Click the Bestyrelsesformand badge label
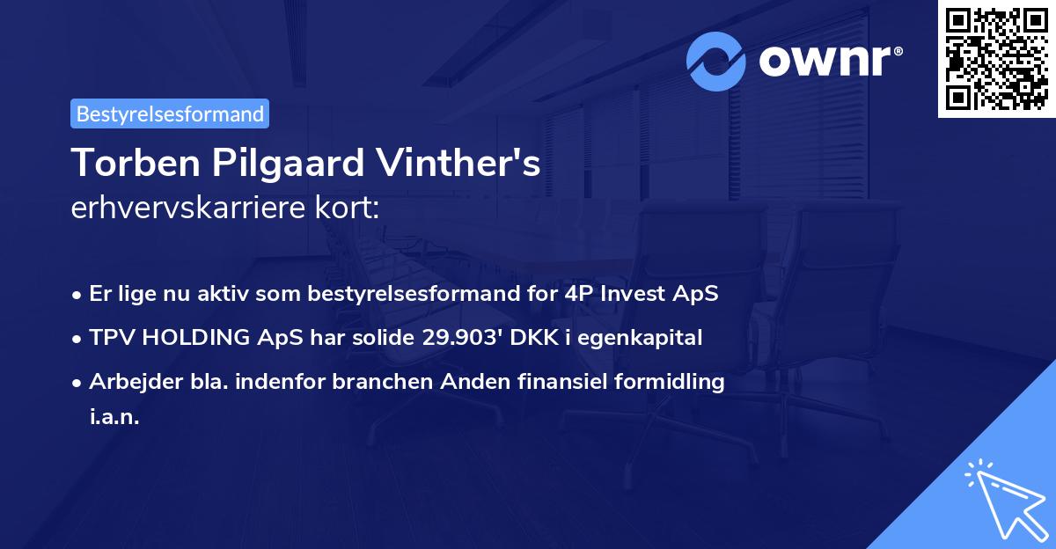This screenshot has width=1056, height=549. click(170, 114)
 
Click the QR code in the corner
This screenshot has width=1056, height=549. click(996, 59)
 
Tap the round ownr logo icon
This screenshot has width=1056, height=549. click(717, 61)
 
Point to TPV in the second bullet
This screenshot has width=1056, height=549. click(112, 338)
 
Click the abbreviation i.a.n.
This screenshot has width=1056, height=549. click(114, 418)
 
